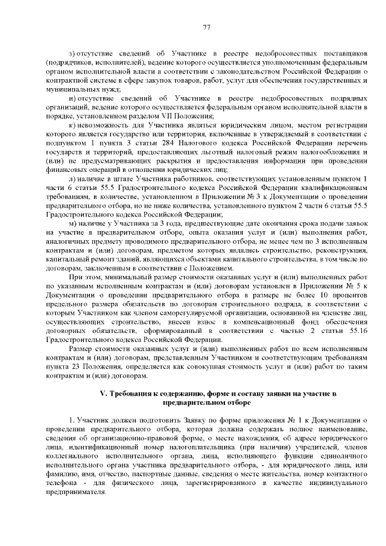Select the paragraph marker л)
click(74, 181)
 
